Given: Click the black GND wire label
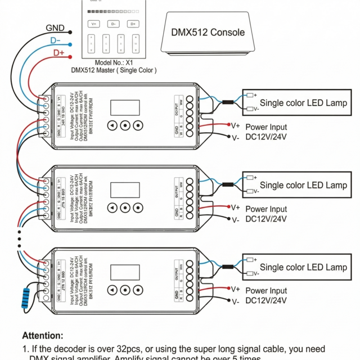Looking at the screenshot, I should [x=55, y=28].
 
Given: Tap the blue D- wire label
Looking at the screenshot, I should [x=56, y=40].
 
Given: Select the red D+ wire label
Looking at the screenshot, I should [x=59, y=53].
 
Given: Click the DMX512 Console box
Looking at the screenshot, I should [x=208, y=33].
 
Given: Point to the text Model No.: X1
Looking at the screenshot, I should [x=114, y=62].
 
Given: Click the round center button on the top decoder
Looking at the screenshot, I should [x=125, y=126].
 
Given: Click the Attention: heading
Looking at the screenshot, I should [x=42, y=335].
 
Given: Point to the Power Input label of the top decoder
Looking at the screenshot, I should [x=266, y=127].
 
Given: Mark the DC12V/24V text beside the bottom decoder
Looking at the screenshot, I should [x=266, y=301].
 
